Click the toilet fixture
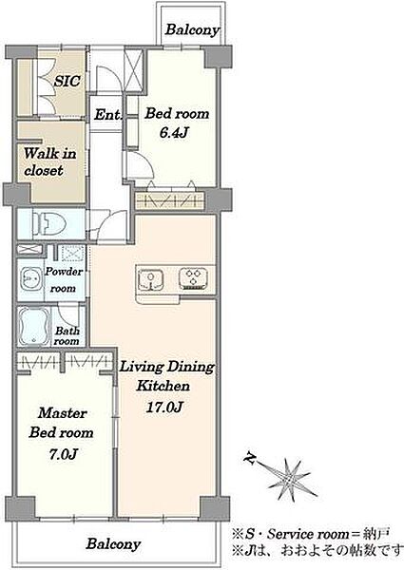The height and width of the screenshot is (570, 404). [x=48, y=223]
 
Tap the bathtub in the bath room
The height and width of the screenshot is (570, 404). [x=34, y=326]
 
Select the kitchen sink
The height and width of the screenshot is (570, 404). [x=150, y=279]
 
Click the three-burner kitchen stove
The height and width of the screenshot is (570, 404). [x=194, y=278]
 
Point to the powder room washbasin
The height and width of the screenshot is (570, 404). [x=29, y=278]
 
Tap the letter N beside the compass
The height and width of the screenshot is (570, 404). [x=249, y=458]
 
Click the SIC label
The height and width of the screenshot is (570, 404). [x=67, y=81]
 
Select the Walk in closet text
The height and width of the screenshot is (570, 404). [x=49, y=161]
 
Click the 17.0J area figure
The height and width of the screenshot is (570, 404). [x=164, y=407]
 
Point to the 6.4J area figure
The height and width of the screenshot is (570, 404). [x=173, y=132]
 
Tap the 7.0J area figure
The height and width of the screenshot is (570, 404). [x=63, y=454]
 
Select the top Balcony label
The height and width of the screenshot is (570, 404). [x=192, y=29]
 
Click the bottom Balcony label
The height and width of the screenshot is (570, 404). [x=113, y=544]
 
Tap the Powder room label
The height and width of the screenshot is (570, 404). [x=64, y=279]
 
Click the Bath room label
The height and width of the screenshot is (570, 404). [x=67, y=336]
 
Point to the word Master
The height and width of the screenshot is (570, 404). [x=62, y=412]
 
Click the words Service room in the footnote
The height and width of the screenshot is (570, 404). [x=308, y=534]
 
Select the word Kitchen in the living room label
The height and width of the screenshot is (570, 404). [x=164, y=386]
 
